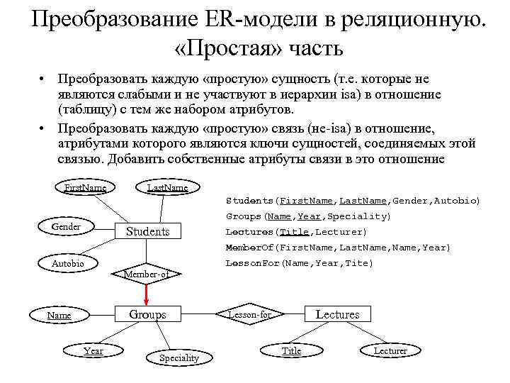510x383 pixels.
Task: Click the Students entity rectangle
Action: pyautogui.click(x=147, y=231)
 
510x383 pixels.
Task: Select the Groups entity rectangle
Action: pyautogui.click(x=147, y=314)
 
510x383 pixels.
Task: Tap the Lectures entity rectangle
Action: pyautogui.click(x=337, y=314)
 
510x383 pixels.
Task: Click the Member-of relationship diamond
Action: pyautogui.click(x=147, y=274)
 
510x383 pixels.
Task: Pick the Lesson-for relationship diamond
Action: pyautogui.click(x=249, y=314)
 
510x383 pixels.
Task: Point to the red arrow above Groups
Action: pyautogui.click(x=147, y=293)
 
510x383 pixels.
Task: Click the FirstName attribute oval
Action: pyautogui.click(x=85, y=188)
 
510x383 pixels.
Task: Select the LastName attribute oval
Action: pyautogui.click(x=167, y=188)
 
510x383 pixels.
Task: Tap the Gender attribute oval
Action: pyautogui.click(x=66, y=226)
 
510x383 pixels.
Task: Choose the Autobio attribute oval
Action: pyautogui.click(x=67, y=263)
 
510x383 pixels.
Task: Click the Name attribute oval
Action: pyautogui.click(x=59, y=315)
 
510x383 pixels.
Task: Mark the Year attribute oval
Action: pyautogui.click(x=93, y=350)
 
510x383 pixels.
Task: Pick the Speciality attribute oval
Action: pyautogui.click(x=178, y=357)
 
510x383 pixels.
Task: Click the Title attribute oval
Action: pyautogui.click(x=291, y=350)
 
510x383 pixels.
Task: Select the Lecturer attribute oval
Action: pyautogui.click(x=390, y=350)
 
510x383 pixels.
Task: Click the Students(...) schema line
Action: pyautogui.click(x=353, y=201)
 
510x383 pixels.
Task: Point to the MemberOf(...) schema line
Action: pyautogui.click(x=337, y=248)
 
